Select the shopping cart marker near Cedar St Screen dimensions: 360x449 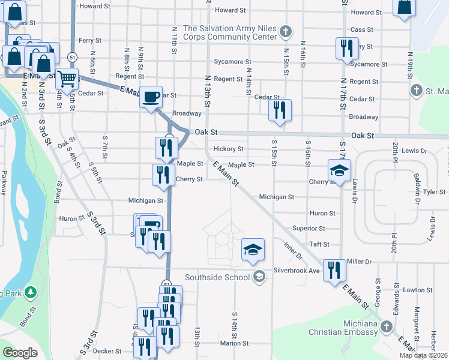point(67,78)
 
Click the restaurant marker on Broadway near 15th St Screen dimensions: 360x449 point(280,110)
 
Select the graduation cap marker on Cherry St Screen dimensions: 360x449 point(339,170)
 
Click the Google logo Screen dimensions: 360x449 point(20,353)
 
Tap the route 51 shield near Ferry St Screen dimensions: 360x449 point(72,56)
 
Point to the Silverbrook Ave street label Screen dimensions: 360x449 point(297,271)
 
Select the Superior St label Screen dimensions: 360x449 point(308,229)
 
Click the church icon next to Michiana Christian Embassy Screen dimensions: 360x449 point(387,328)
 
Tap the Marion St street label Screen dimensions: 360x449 point(234,343)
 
